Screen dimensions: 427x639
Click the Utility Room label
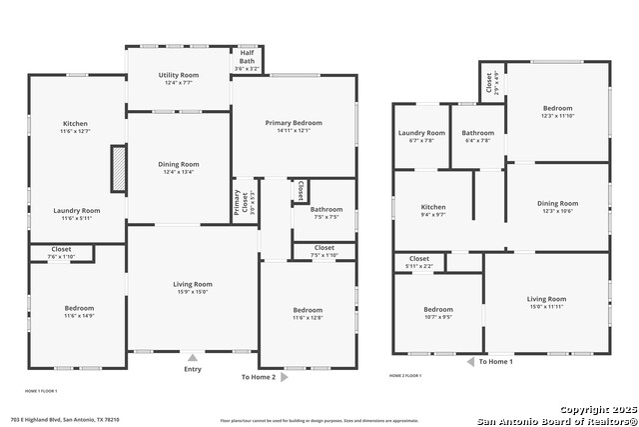tap(179, 76)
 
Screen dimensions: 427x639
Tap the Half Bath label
tap(247, 60)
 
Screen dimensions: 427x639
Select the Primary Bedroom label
tap(293, 124)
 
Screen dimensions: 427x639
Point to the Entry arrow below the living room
tap(193, 357)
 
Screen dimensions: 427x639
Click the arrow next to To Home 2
tap(285, 377)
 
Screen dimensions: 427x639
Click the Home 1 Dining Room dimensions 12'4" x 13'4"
tap(179, 172)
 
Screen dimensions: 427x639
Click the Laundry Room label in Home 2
tap(421, 133)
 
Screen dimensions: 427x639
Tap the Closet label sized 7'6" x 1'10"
tap(60, 251)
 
